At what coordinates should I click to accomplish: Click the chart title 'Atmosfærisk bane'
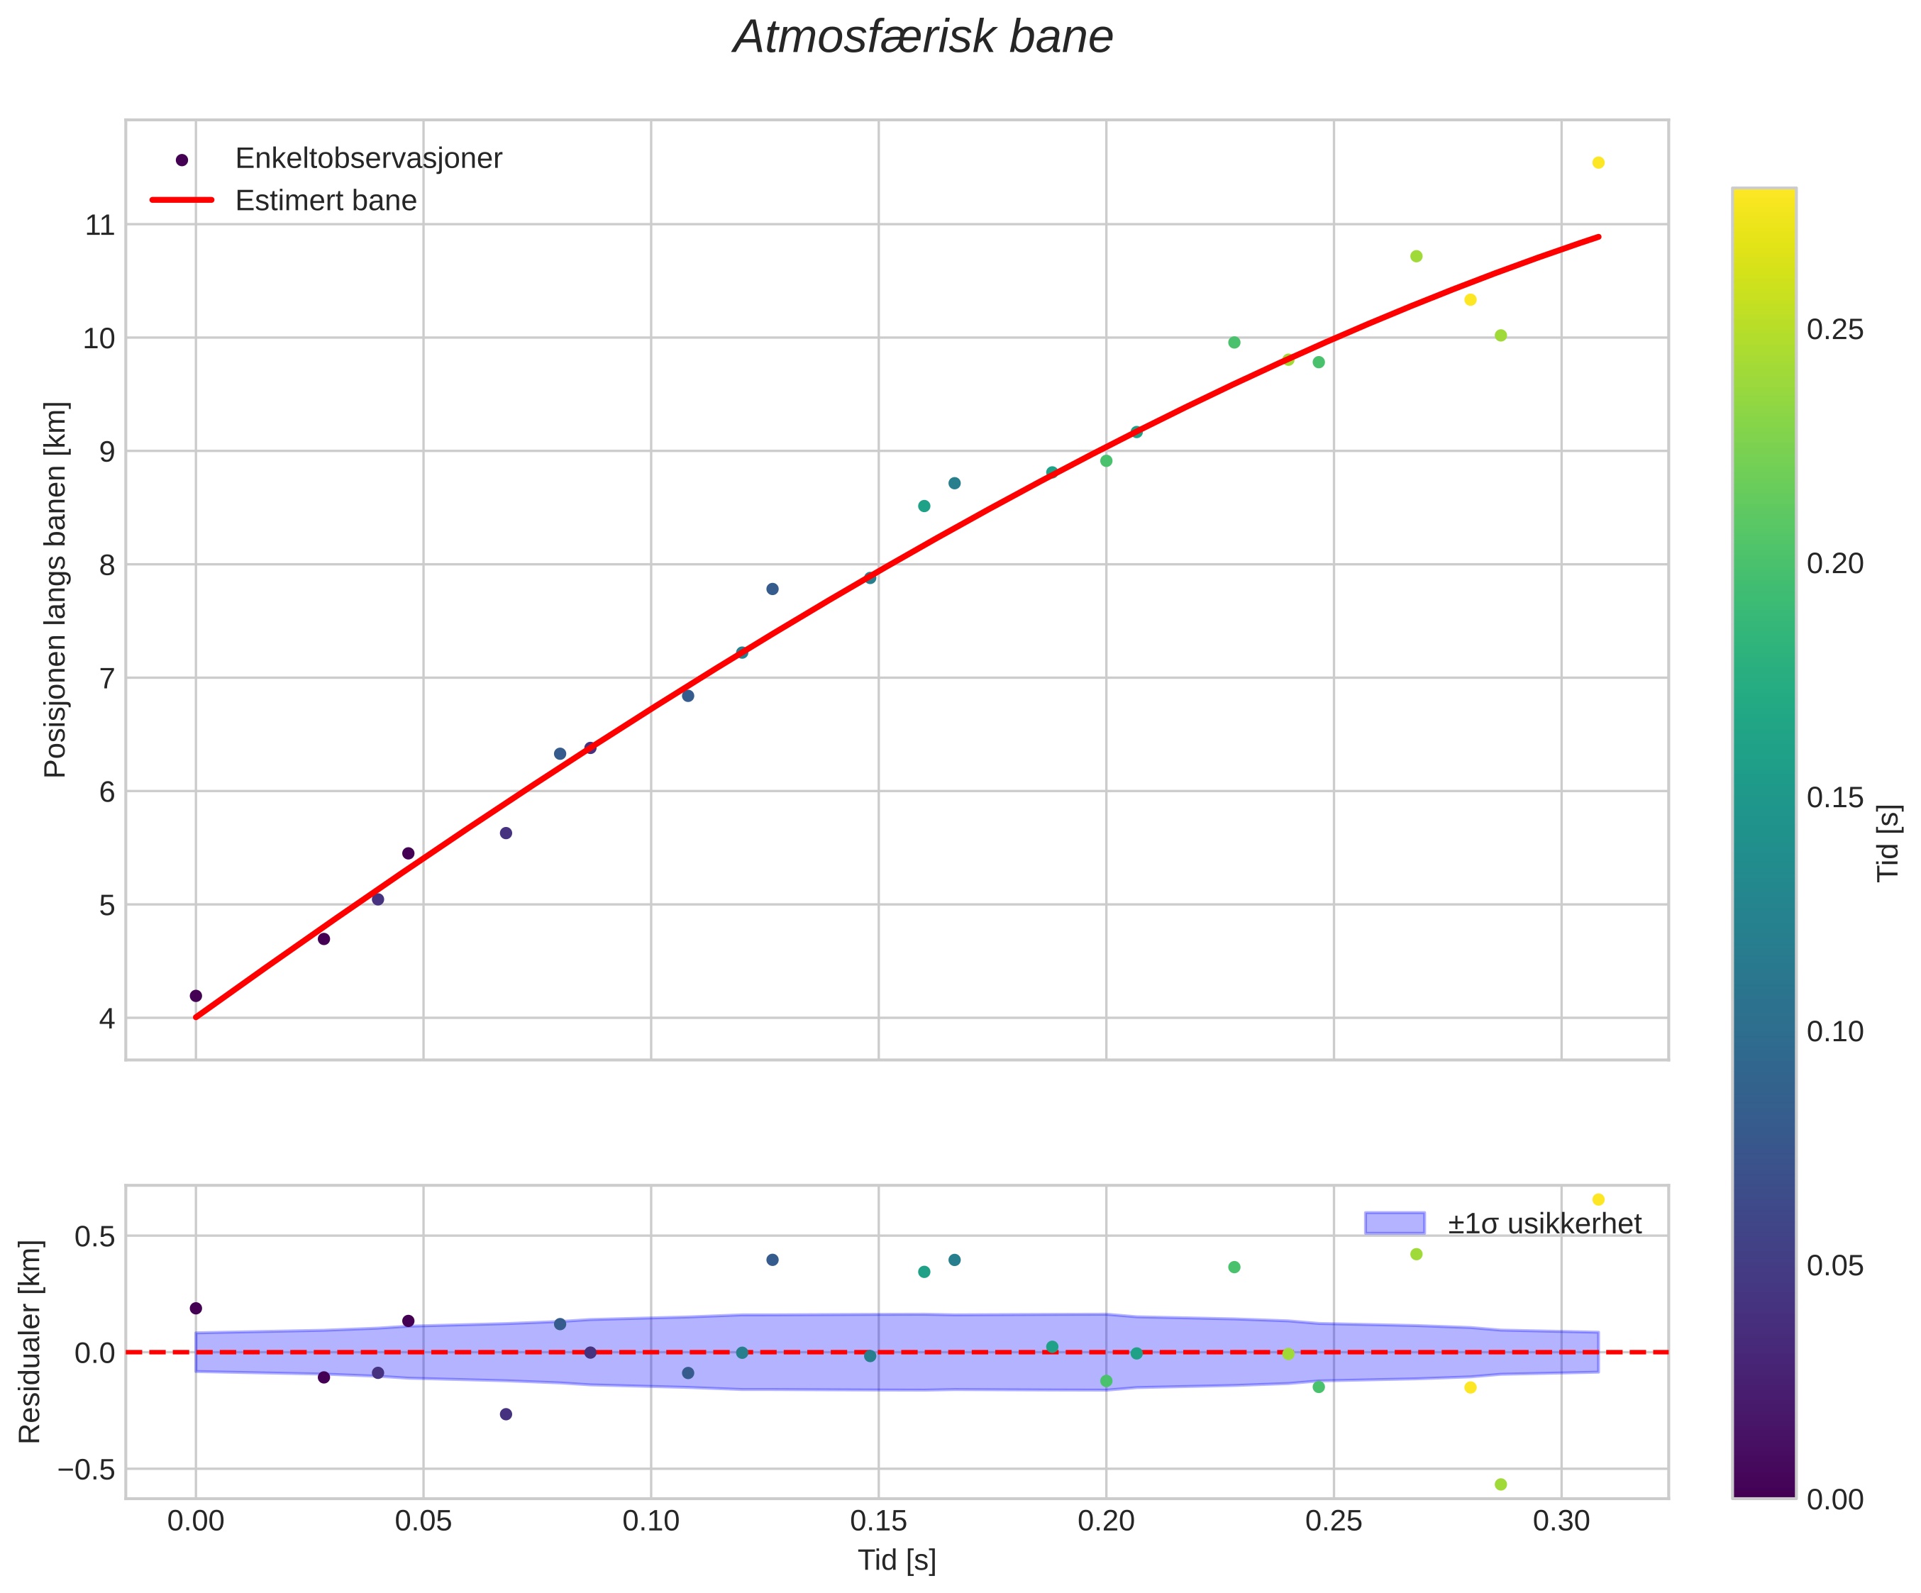tap(923, 38)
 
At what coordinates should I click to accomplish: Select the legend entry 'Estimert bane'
tap(326, 200)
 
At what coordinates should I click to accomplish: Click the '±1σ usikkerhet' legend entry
tap(1544, 1223)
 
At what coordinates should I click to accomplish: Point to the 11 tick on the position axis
tap(101, 225)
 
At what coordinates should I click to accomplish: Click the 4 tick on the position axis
tap(108, 1018)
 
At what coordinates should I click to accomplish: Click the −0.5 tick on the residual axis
tap(87, 1470)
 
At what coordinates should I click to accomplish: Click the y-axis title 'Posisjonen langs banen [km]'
tap(56, 590)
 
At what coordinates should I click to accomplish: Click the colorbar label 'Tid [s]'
tap(1888, 842)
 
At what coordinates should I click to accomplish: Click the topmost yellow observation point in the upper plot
tap(1598, 162)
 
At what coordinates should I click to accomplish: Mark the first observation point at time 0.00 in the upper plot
tap(196, 996)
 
